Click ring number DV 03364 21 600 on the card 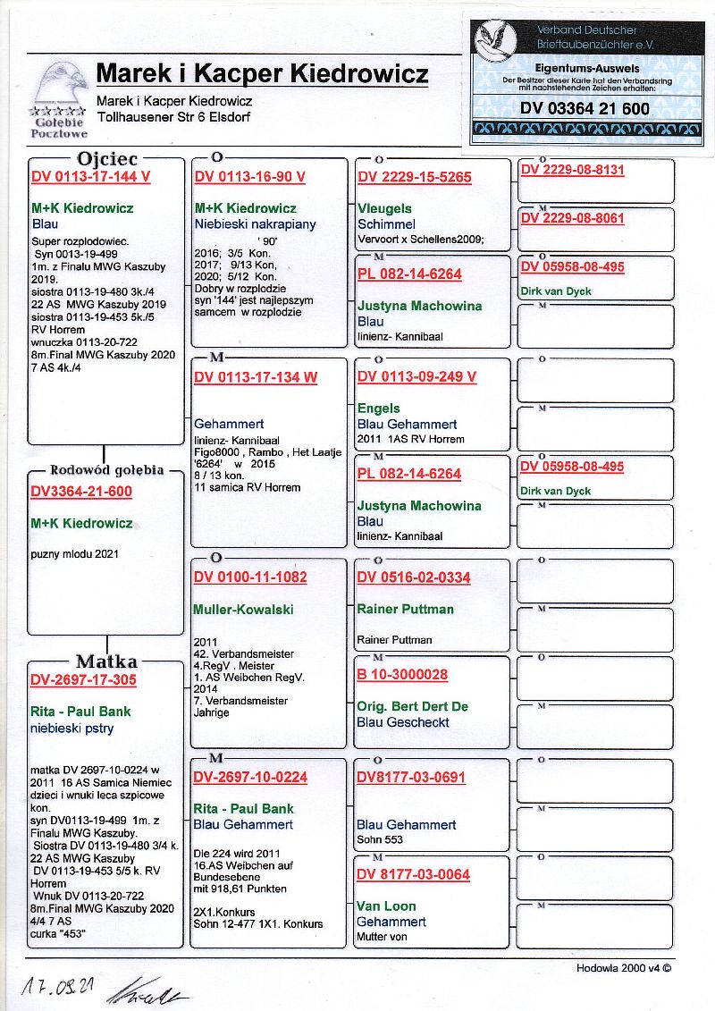pyautogui.click(x=585, y=109)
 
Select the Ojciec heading pyautogui.click(x=107, y=159)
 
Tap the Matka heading pyautogui.click(x=106, y=661)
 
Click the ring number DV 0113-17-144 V pyautogui.click(x=90, y=177)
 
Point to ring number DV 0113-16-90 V pyautogui.click(x=249, y=177)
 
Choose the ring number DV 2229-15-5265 pyautogui.click(x=414, y=177)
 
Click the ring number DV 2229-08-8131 pyautogui.click(x=572, y=170)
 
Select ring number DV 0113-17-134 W pyautogui.click(x=256, y=377)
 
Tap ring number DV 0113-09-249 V pyautogui.click(x=416, y=377)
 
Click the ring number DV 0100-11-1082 pyautogui.click(x=250, y=577)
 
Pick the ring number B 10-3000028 pyautogui.click(x=402, y=675)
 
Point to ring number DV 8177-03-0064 pyautogui.click(x=413, y=874)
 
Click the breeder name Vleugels pyautogui.click(x=384, y=208)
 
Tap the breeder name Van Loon pyautogui.click(x=385, y=906)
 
